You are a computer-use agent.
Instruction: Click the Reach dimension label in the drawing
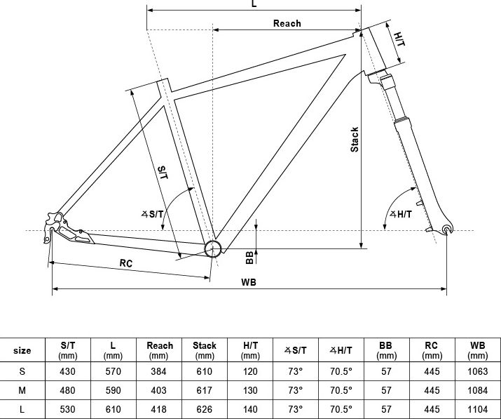[x=287, y=23]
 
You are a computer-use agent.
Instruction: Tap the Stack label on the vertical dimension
[x=355, y=140]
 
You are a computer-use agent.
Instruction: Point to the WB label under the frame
[x=249, y=282]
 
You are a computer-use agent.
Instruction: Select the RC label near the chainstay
[x=126, y=263]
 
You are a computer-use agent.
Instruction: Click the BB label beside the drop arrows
[x=249, y=258]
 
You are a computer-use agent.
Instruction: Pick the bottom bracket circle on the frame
[x=212, y=248]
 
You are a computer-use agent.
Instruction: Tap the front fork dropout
[x=447, y=230]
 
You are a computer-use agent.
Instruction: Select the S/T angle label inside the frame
[x=153, y=214]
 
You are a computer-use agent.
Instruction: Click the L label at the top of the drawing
[x=254, y=4]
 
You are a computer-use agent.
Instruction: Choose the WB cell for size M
[x=478, y=390]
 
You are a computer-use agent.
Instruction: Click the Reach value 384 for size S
[x=159, y=371]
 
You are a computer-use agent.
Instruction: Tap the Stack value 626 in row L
[x=204, y=409]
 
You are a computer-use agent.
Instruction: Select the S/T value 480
[x=68, y=390]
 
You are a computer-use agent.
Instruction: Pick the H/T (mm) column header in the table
[x=250, y=350]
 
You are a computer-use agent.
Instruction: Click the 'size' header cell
[x=22, y=350]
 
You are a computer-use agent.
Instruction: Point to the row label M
[x=22, y=390]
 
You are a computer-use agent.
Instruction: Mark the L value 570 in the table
[x=113, y=371]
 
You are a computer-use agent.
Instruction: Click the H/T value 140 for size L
[x=250, y=409]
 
